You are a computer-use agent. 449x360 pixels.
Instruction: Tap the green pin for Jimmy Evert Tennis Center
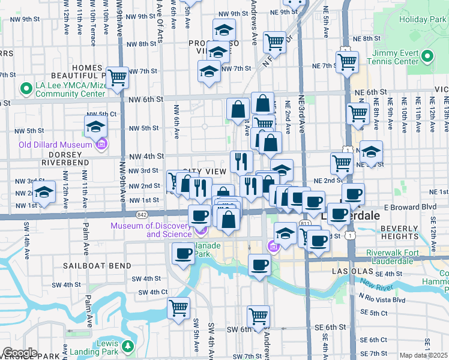(427, 57)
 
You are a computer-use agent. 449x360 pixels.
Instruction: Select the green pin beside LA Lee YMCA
(26, 89)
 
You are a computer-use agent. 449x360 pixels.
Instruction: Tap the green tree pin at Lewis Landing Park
(128, 346)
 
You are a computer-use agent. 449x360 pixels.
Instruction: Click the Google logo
(20, 352)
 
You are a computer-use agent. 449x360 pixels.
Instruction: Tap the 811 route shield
(305, 224)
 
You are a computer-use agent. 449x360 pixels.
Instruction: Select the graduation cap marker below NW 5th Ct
(95, 127)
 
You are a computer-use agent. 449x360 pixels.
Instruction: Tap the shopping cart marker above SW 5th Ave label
(178, 308)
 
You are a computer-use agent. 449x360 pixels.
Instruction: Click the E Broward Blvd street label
(413, 207)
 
